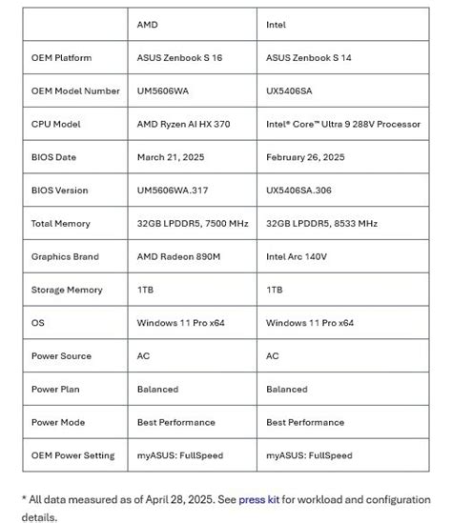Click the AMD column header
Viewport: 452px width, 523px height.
coord(148,25)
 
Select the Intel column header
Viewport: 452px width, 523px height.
coord(276,25)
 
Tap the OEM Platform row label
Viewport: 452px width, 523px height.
coord(62,58)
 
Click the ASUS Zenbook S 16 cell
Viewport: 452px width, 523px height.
coord(180,58)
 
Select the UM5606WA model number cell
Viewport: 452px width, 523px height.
coord(169,91)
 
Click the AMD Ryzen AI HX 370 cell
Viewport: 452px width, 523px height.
coord(187,124)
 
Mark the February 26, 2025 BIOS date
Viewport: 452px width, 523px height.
coord(305,157)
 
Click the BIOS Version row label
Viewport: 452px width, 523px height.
coord(60,191)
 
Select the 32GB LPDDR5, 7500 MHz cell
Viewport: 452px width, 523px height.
coord(193,224)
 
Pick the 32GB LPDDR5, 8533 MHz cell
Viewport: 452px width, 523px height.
coord(321,224)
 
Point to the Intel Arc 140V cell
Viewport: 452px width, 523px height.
coord(298,257)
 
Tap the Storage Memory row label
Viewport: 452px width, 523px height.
coord(67,290)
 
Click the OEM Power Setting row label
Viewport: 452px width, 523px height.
coord(72,455)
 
